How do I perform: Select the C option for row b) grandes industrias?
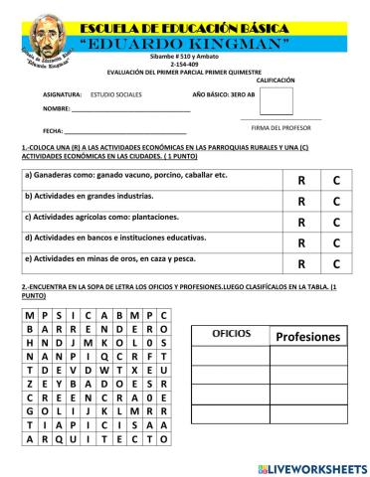336,201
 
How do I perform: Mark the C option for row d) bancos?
336,242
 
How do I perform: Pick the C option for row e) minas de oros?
336,263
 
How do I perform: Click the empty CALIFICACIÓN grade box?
276,101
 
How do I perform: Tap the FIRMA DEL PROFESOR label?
275,127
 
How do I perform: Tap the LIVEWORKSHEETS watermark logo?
311,467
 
